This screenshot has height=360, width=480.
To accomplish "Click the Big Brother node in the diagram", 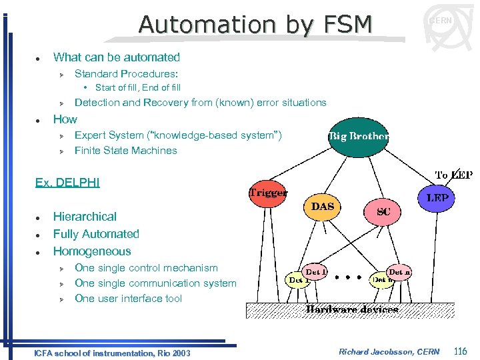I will coord(358,137).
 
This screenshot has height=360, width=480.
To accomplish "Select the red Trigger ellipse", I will coord(267,194).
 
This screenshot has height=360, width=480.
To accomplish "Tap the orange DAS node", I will coord(323,207).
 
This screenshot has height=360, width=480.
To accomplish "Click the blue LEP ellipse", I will coord(437,199).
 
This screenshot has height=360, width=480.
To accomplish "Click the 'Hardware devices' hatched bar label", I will coord(352,309).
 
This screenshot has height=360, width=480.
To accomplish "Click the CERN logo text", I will coord(440,21).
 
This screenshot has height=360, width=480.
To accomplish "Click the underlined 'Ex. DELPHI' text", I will coord(67,182).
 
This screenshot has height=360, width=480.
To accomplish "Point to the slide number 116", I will coord(459,351).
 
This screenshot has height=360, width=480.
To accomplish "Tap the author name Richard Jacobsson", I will coord(389,351).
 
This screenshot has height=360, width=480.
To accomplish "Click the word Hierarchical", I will coord(85,217).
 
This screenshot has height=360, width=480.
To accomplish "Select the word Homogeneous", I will coord(92,251).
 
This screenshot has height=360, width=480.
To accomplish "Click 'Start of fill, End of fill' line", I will coord(137,87).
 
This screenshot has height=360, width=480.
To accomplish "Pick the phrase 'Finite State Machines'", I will coord(125,151).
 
